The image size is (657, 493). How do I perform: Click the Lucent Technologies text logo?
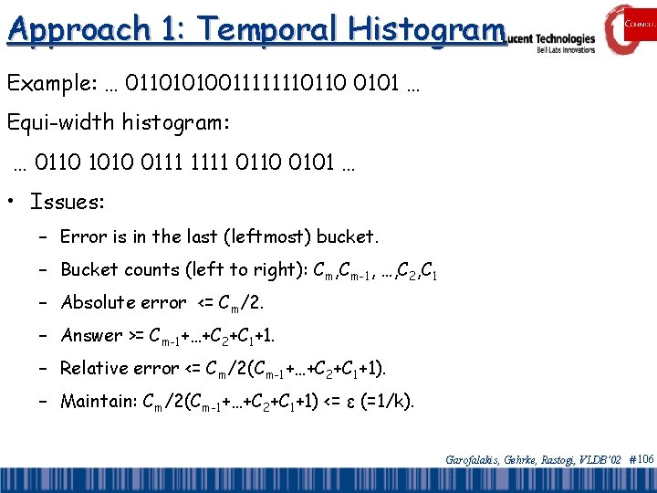[x=552, y=40]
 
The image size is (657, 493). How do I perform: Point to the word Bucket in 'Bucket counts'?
[x=89, y=269]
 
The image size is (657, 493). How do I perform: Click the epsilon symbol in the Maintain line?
[x=347, y=402]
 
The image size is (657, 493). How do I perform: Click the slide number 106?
[x=644, y=459]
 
